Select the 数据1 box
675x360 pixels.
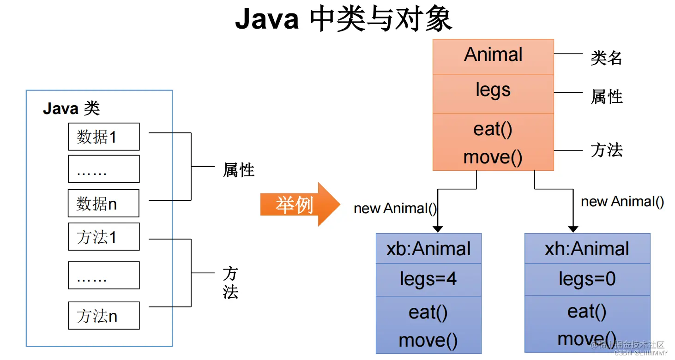[x=103, y=137]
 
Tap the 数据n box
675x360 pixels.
[x=103, y=204]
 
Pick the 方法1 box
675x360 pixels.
[x=103, y=237]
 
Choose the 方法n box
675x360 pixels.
[x=103, y=316]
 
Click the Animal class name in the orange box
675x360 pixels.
[x=493, y=55]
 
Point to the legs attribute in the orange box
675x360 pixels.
[x=493, y=90]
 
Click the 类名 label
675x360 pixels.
[x=606, y=59]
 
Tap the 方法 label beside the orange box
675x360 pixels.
[x=606, y=150]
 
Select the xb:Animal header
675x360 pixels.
[x=428, y=249]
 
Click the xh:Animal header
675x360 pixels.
[x=587, y=249]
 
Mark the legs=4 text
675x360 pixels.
[x=428, y=279]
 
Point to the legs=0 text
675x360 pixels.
[x=587, y=279]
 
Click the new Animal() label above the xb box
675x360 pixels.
[x=395, y=209]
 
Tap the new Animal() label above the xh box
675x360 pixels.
[x=622, y=202]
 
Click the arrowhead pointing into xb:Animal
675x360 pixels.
[x=438, y=229]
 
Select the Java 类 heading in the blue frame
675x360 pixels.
[x=71, y=109]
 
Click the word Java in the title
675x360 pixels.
[x=267, y=19]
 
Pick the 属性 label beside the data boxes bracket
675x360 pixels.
[x=238, y=170]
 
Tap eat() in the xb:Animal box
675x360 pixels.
[x=428, y=312]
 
